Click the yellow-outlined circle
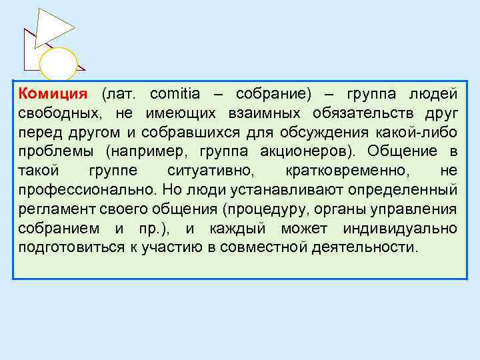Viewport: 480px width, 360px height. coord(59,65)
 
